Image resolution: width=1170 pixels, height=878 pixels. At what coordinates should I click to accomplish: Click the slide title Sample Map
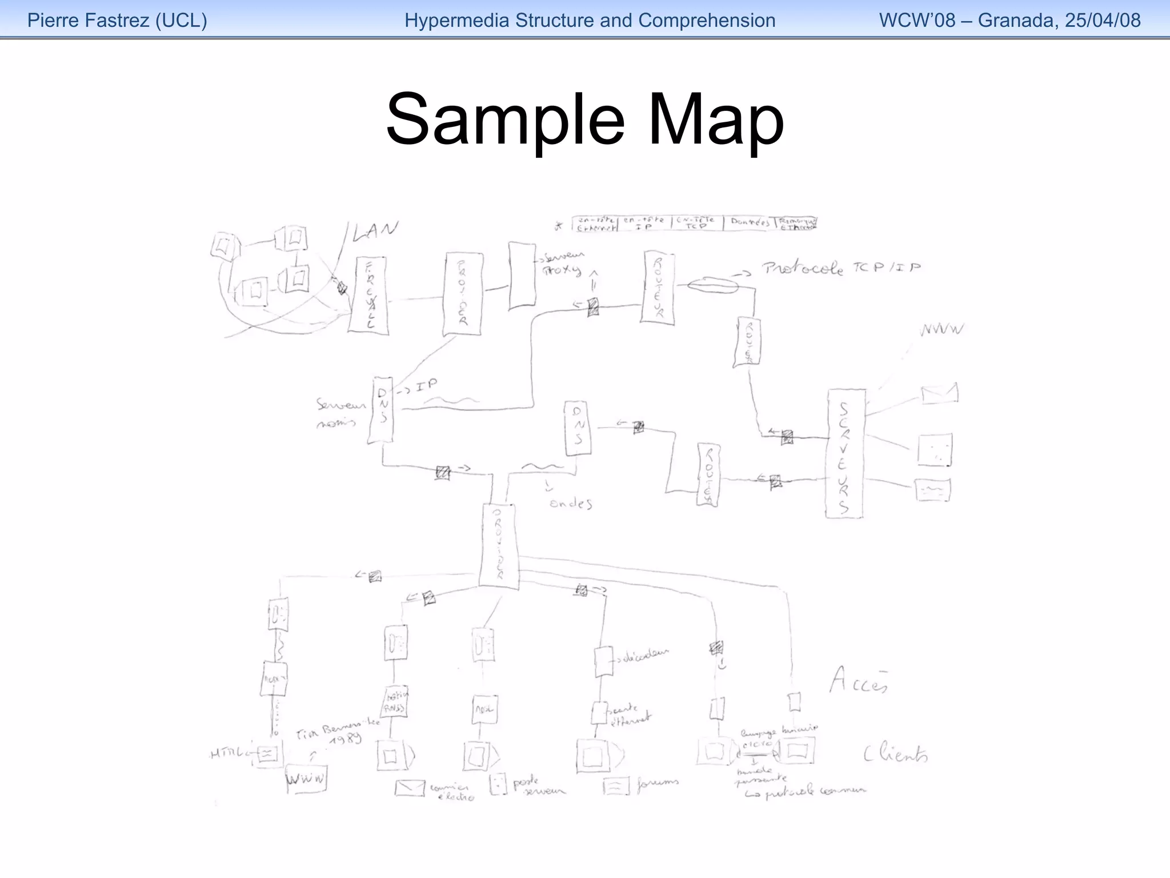tap(584, 121)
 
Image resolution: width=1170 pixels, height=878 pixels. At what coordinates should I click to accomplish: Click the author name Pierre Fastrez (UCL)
tap(117, 21)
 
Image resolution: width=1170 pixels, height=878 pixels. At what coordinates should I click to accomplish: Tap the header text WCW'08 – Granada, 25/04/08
tap(1009, 21)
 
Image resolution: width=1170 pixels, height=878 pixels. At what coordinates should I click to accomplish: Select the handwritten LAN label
tap(375, 231)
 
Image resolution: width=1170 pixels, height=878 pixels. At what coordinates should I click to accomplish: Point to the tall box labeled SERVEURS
tap(844, 454)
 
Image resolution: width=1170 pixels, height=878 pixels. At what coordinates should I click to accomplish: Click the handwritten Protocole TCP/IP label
tap(840, 268)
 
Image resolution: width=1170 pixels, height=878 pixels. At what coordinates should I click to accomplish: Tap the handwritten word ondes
tap(570, 504)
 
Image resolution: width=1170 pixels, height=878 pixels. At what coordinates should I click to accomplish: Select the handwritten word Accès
tap(859, 681)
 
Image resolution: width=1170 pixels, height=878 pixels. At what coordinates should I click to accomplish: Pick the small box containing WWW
tap(307, 779)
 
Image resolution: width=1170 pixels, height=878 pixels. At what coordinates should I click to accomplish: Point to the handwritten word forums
tap(658, 782)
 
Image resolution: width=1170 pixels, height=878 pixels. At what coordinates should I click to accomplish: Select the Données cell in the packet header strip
tap(749, 222)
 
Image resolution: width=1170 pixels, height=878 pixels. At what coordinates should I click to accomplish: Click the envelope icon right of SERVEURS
tap(939, 394)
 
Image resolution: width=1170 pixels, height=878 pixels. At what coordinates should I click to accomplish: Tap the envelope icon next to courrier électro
tap(410, 788)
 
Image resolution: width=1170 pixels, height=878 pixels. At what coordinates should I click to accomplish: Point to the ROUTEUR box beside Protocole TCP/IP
tap(658, 288)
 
